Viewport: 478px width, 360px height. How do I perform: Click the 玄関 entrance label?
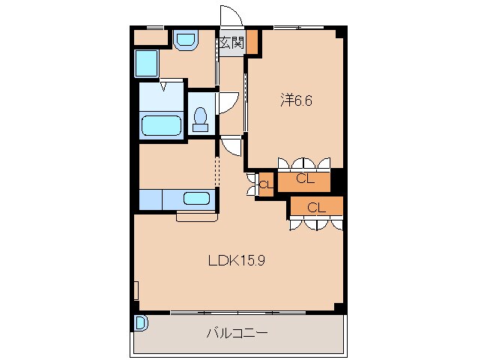[x=232, y=43]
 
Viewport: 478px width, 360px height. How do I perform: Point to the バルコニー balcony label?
[x=238, y=333]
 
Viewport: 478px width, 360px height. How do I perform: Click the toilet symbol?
[x=200, y=118]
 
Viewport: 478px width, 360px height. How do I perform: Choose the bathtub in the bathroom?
[x=161, y=124]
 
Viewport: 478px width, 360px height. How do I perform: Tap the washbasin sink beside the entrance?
[x=184, y=40]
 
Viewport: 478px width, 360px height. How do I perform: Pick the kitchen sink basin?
[x=197, y=199]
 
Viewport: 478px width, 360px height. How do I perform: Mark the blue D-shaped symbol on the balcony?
[x=140, y=323]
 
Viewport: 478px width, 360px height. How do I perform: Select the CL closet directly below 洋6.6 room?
[x=303, y=179]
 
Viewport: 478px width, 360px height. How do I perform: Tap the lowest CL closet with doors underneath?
[x=317, y=206]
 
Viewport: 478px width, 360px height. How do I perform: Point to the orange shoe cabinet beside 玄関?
[x=253, y=42]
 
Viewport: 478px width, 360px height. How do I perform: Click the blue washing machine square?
[x=148, y=64]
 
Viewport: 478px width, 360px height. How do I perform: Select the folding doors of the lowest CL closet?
[x=317, y=223]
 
